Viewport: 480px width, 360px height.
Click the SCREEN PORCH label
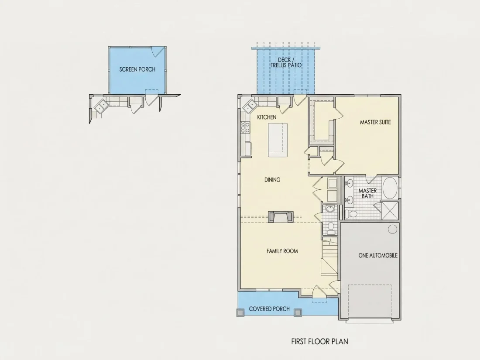tap(137, 69)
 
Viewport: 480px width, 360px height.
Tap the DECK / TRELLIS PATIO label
tap(286, 62)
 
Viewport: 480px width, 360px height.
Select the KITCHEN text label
tap(267, 117)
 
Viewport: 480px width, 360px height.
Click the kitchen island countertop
tap(278, 140)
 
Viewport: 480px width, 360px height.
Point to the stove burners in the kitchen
tap(245, 127)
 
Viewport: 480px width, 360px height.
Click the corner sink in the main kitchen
tap(250, 106)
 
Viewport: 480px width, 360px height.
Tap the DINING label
tap(272, 180)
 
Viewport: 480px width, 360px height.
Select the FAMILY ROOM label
tap(282, 251)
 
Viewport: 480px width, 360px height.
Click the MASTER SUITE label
tap(375, 122)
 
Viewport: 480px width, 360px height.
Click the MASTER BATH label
tap(367, 193)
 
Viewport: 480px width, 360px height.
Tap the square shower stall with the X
tap(389, 211)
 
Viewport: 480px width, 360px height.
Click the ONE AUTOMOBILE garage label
tap(378, 255)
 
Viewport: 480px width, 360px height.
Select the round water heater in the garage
tap(392, 229)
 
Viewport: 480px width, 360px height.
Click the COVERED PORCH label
tap(269, 309)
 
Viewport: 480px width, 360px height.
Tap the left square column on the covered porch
tap(240, 312)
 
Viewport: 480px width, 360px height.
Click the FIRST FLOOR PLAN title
tap(319, 341)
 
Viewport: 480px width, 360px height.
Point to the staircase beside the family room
tap(329, 256)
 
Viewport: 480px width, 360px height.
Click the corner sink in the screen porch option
tap(101, 106)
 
